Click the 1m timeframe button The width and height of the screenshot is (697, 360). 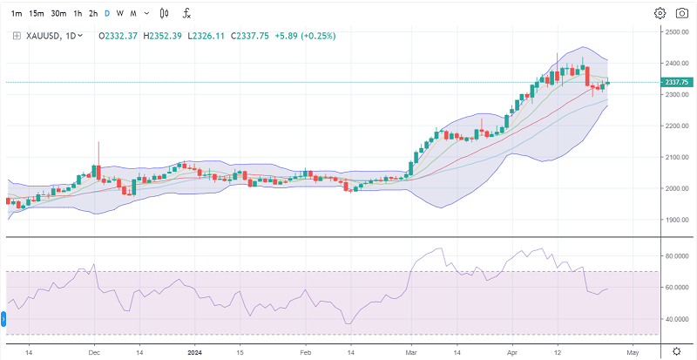pos(17,13)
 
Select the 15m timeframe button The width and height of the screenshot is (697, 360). pos(37,13)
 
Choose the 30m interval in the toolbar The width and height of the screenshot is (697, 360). pos(58,13)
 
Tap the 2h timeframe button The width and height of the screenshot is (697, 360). pos(92,13)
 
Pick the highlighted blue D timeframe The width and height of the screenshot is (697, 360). pos(106,13)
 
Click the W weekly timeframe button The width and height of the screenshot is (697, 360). pos(119,13)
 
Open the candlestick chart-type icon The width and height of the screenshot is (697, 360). pos(164,13)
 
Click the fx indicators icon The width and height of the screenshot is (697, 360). pos(187,13)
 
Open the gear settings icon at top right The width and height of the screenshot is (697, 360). pos(660,13)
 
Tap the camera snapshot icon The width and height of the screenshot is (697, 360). pos(681,13)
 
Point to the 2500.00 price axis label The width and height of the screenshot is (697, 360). pos(676,32)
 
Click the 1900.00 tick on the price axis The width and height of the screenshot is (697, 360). pos(676,220)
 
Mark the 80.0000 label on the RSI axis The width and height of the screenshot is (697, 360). pos(676,256)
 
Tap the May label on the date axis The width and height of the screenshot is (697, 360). pos(633,351)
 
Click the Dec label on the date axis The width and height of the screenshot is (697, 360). pos(94,351)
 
